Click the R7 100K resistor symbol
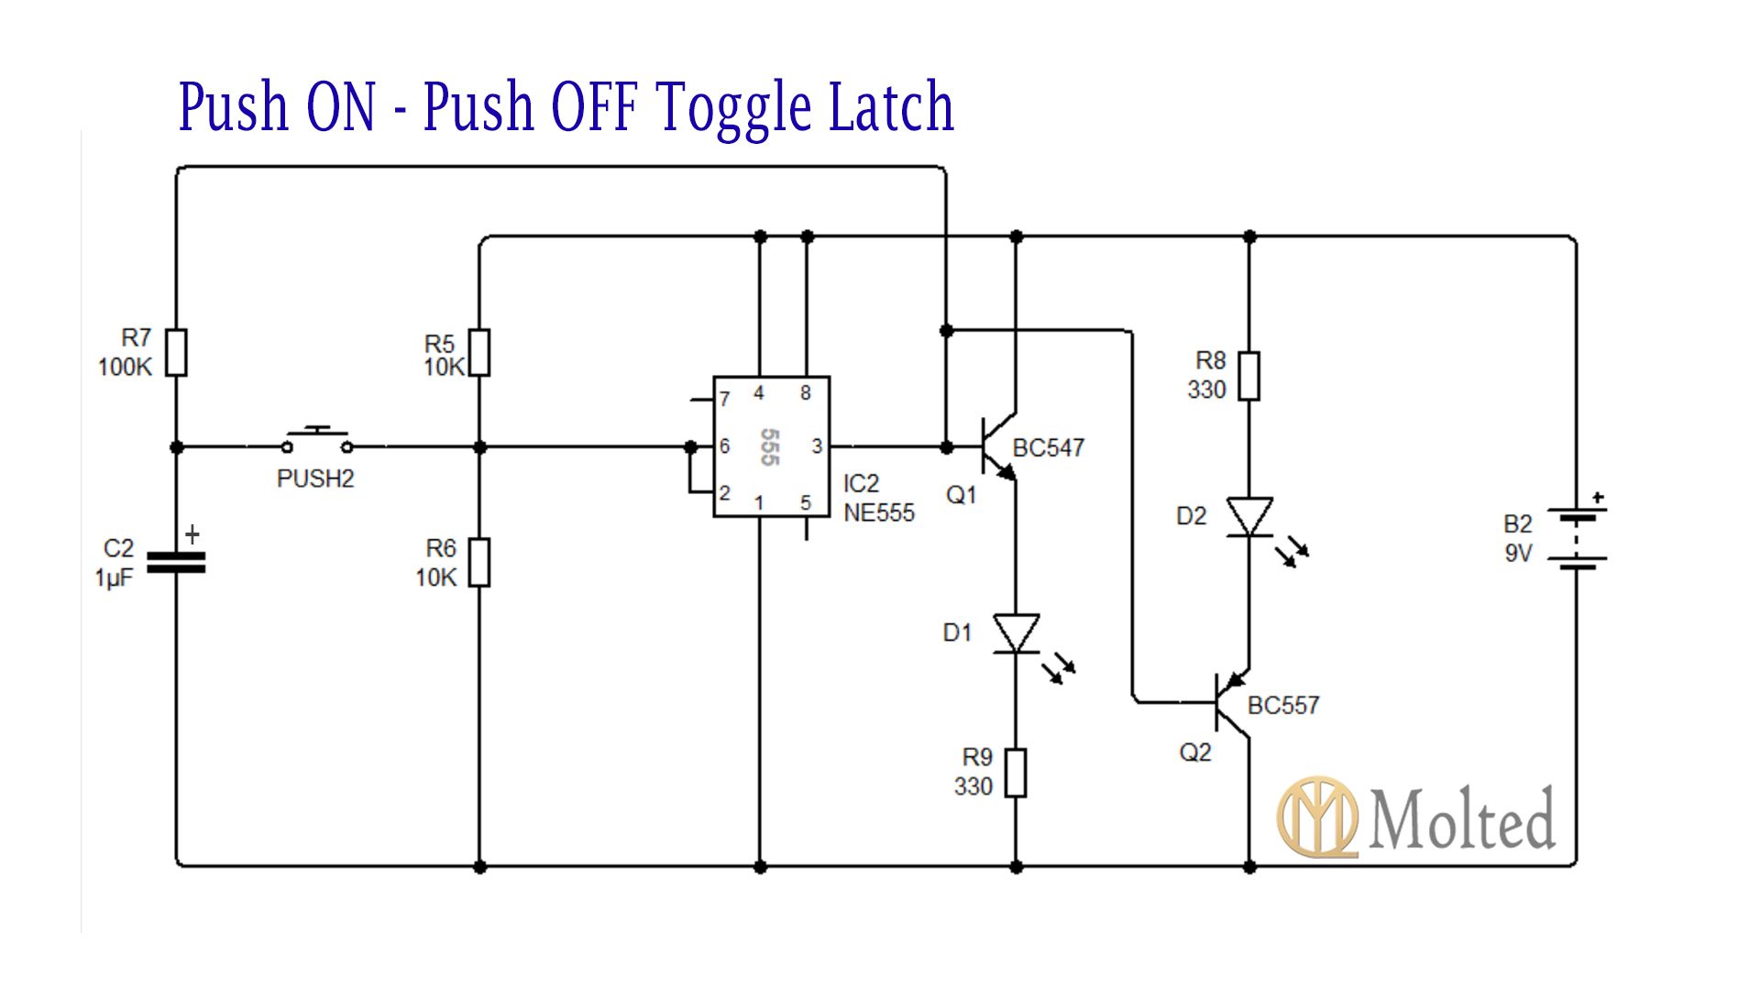(x=176, y=353)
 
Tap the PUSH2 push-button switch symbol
(x=317, y=442)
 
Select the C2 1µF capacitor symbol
(x=176, y=562)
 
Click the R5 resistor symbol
(x=479, y=353)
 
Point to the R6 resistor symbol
(x=479, y=562)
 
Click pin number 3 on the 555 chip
(x=817, y=446)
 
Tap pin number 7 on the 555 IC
(x=724, y=400)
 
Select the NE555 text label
(x=879, y=513)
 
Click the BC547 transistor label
(x=1048, y=448)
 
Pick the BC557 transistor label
(x=1282, y=706)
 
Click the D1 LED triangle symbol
(x=1017, y=633)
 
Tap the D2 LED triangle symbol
(x=1249, y=517)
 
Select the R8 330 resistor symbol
(x=1248, y=376)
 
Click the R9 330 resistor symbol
(x=1016, y=773)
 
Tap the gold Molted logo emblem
(x=1318, y=817)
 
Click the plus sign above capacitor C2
(x=192, y=534)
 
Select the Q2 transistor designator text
(x=1194, y=753)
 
